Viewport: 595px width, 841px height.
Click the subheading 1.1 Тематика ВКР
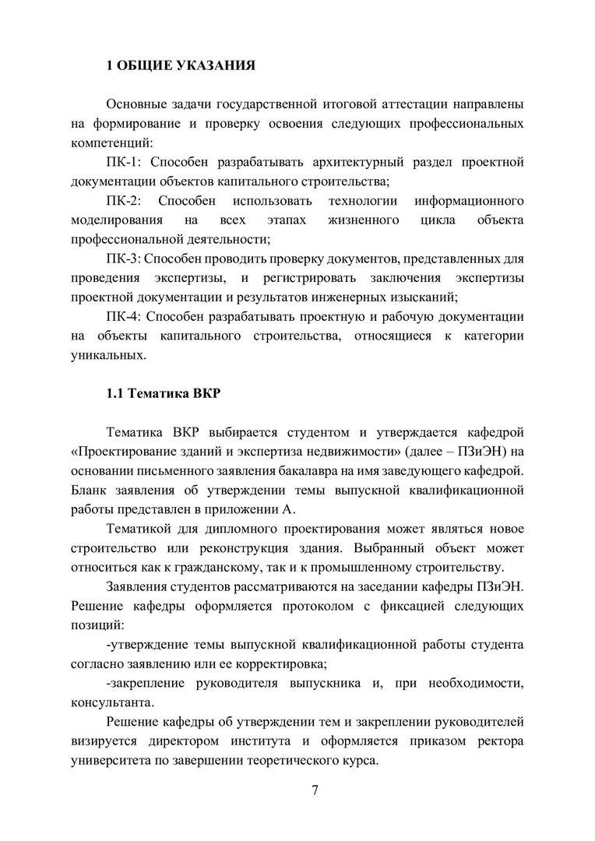(x=164, y=392)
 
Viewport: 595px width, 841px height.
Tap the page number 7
(x=315, y=791)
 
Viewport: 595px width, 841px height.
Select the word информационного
(x=469, y=201)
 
